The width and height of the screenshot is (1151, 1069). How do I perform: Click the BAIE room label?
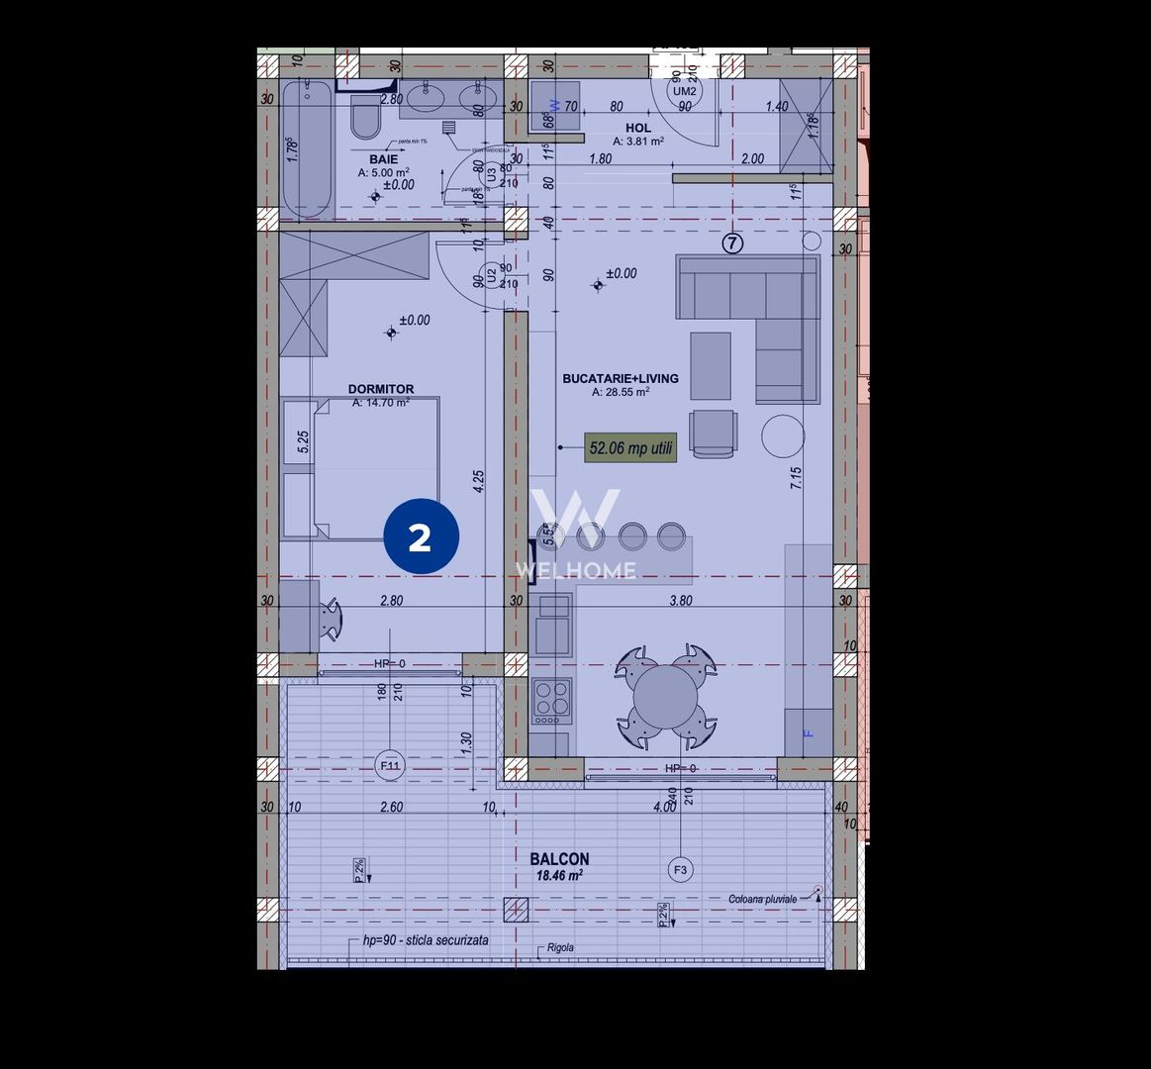(384, 159)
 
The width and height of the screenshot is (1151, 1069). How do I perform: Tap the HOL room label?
(638, 128)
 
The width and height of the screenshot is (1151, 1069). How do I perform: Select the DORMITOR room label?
(381, 389)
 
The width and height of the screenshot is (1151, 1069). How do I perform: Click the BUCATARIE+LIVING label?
(621, 378)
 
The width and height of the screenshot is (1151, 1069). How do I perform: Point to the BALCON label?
(559, 859)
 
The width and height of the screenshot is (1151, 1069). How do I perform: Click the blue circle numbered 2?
(421, 536)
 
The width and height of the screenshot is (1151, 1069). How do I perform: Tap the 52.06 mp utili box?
(630, 447)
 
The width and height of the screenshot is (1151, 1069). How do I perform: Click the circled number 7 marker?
(732, 243)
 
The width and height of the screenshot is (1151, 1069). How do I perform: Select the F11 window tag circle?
(390, 764)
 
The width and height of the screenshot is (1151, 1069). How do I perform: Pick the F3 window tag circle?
(680, 870)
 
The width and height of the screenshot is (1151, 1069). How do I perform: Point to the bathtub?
(306, 148)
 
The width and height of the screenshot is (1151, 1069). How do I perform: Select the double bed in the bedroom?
(361, 468)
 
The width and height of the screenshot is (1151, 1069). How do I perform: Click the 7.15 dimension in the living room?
(795, 480)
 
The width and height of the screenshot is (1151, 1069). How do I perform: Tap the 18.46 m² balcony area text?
(559, 876)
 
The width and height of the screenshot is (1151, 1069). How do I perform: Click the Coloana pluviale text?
(762, 899)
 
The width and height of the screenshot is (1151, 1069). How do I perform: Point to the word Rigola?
(560, 947)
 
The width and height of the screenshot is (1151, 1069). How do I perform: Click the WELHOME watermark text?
(575, 570)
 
